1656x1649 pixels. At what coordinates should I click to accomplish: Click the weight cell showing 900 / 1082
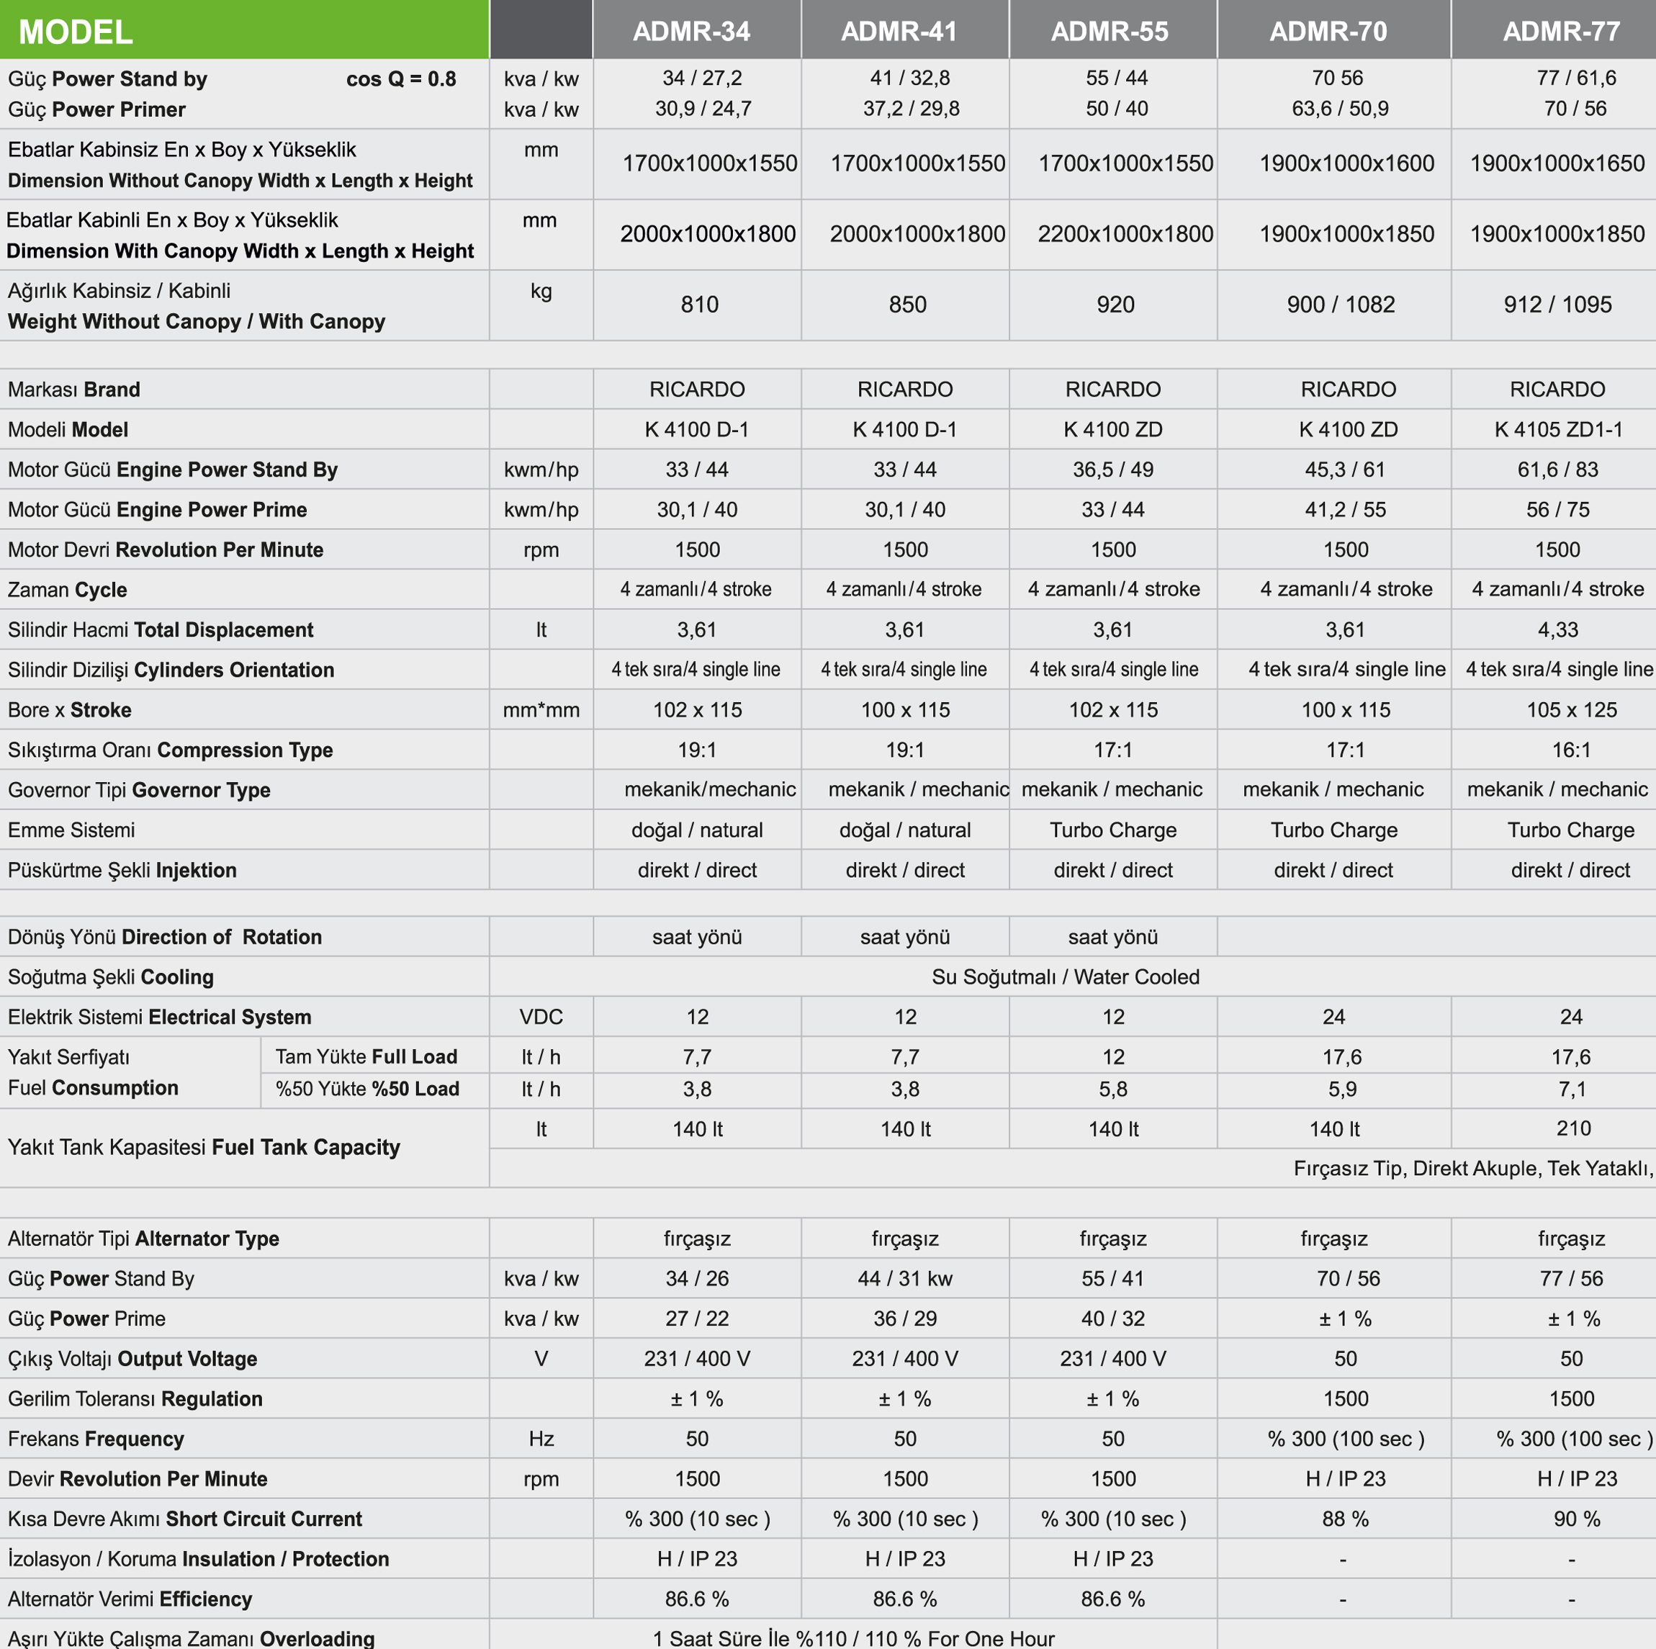(x=1341, y=305)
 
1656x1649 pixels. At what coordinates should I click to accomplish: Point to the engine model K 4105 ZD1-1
(x=1557, y=429)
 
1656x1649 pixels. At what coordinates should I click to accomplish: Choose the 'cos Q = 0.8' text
(x=400, y=79)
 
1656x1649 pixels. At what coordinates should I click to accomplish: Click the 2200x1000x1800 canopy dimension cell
(x=1125, y=233)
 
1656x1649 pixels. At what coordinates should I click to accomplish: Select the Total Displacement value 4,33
(x=1557, y=630)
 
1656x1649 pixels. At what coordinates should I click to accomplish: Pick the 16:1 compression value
(x=1570, y=750)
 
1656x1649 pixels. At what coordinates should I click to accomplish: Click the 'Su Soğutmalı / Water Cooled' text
(x=1065, y=977)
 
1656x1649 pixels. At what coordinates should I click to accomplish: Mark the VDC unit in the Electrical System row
(x=541, y=1017)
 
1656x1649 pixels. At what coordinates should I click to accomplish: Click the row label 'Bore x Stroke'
(x=69, y=710)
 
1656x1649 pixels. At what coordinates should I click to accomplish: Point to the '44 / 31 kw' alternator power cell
(x=904, y=1279)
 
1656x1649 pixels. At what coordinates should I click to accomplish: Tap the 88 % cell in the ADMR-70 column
(x=1345, y=1519)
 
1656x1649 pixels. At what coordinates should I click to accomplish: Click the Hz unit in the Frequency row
(x=541, y=1439)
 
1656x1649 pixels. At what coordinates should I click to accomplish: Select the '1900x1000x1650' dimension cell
(x=1557, y=163)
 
